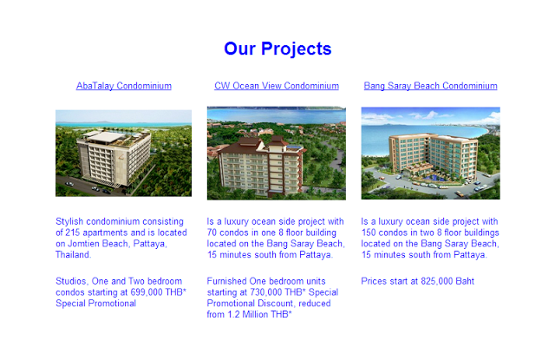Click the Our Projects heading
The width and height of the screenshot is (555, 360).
[x=277, y=49]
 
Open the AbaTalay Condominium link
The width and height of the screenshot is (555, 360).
[x=124, y=86]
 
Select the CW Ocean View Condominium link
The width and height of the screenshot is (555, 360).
[x=277, y=86]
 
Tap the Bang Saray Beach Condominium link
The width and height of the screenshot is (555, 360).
[x=430, y=86]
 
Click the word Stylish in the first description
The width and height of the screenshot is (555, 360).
[x=69, y=222]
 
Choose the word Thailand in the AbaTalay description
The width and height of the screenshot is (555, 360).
[x=73, y=254]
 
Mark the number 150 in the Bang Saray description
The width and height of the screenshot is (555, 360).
[x=369, y=232]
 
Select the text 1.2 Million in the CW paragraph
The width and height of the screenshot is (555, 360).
[x=247, y=314]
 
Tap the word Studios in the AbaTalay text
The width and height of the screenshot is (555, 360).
[x=72, y=281]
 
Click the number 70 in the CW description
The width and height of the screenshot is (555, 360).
[x=212, y=232]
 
